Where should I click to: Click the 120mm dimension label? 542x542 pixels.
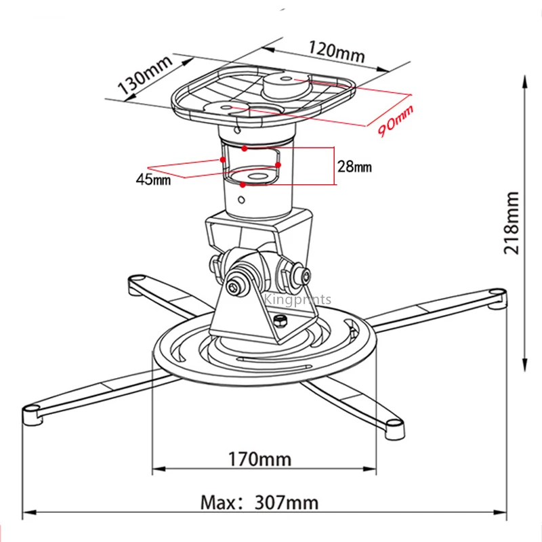[337, 51]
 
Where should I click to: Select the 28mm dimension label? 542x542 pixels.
[354, 166]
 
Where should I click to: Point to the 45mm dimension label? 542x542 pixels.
[153, 180]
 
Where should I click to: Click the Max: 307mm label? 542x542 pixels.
[259, 502]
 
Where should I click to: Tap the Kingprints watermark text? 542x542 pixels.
[297, 299]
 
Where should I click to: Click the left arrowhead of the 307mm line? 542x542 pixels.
[27, 512]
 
